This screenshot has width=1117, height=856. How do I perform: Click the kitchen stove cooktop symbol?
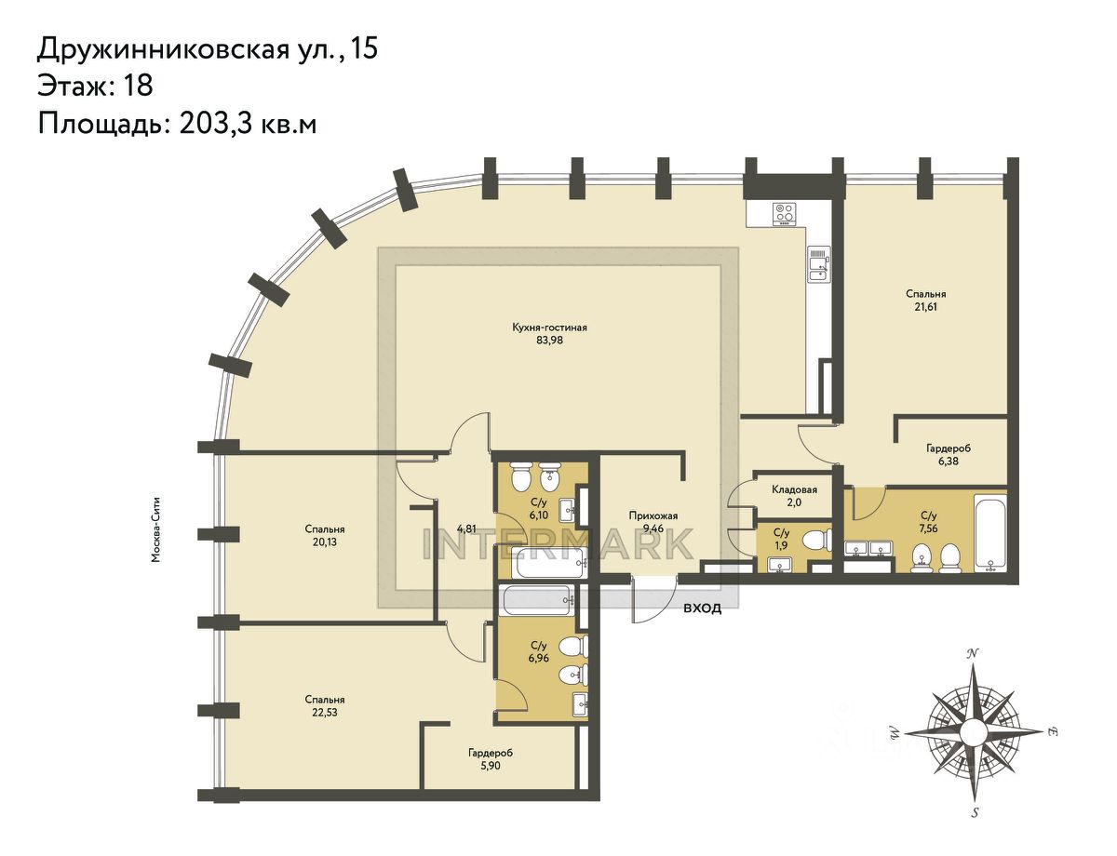coord(785,214)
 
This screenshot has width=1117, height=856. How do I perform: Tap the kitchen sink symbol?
coord(818,264)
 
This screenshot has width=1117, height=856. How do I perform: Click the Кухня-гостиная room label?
coord(549,328)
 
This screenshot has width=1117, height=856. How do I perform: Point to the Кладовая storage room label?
coord(794,489)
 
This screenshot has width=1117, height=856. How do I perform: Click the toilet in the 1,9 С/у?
coord(817,540)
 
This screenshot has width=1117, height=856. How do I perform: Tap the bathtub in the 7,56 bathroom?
coord(990,533)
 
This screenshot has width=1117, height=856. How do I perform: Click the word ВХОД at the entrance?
coord(702,609)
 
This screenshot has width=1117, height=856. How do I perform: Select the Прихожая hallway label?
coord(653,515)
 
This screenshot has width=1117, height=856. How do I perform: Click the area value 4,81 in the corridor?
coord(467,528)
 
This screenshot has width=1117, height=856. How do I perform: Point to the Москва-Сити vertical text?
coord(155,529)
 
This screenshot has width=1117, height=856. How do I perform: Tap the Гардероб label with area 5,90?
coord(491,753)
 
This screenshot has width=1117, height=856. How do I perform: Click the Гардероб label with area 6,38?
coord(949,448)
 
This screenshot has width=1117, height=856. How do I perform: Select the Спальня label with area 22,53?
coord(324,700)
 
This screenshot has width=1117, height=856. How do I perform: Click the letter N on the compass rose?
coord(972,653)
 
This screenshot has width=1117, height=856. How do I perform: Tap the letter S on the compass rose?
coord(975,812)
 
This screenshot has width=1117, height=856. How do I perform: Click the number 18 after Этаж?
coord(137,85)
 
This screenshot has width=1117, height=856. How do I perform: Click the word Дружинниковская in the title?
coord(162,48)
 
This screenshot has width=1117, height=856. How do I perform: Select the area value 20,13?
coord(324,542)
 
